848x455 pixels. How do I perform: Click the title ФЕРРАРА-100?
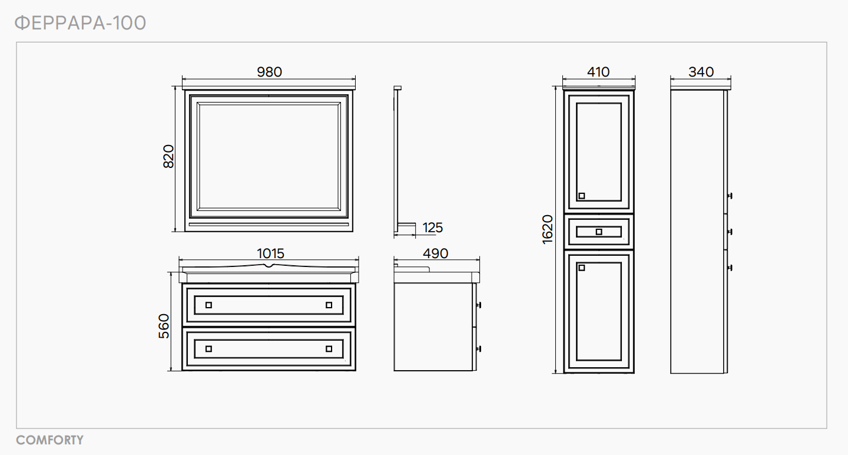(x=80, y=23)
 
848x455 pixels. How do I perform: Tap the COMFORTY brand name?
(x=49, y=440)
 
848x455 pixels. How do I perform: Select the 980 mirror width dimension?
(x=269, y=72)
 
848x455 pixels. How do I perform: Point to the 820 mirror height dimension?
(x=169, y=156)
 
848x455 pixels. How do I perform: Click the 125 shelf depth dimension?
(x=432, y=227)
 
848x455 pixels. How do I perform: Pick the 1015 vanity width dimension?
(x=270, y=253)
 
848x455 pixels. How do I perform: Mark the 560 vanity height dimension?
(x=164, y=326)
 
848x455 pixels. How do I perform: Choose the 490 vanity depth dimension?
(x=435, y=253)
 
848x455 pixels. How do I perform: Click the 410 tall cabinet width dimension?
(x=598, y=72)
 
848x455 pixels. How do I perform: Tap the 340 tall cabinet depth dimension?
(x=701, y=72)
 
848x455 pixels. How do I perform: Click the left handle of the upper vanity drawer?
(x=208, y=305)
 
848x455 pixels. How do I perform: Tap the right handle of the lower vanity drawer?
(x=329, y=348)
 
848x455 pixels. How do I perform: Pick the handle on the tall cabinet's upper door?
(x=582, y=196)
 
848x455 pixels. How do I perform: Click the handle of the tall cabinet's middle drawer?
(x=599, y=232)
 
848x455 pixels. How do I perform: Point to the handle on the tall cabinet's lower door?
(x=582, y=268)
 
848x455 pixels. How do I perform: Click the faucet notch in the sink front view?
(x=270, y=266)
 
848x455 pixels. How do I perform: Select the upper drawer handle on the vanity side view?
(x=478, y=305)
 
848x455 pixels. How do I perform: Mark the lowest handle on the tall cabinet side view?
(x=730, y=268)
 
